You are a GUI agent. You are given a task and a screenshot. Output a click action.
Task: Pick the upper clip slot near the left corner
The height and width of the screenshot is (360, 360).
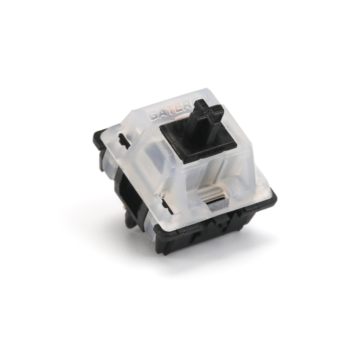pos(123,140)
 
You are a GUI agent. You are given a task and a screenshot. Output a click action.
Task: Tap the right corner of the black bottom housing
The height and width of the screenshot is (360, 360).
pos(272,200)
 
